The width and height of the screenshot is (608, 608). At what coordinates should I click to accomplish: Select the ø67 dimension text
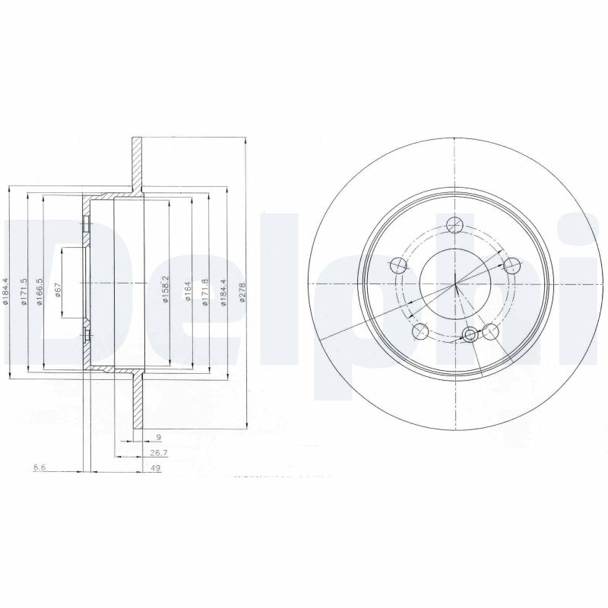pos(58,292)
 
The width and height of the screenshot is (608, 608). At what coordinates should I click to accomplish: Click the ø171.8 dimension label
pos(205,293)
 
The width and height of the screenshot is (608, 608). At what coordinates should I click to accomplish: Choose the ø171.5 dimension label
pos(24,293)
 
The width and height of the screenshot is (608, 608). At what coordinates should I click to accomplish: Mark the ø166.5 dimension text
pos(40,293)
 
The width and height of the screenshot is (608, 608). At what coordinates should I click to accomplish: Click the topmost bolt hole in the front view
pos(455,225)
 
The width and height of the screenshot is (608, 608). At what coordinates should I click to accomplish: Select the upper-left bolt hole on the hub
pos(397,266)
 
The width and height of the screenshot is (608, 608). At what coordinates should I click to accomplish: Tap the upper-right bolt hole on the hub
pos(512,264)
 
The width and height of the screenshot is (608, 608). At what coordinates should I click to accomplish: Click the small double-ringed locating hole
pos(471,334)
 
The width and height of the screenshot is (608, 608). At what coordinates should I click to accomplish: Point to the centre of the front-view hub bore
pos(454,285)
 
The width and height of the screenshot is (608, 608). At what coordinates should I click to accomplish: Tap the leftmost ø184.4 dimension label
pos(6,293)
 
